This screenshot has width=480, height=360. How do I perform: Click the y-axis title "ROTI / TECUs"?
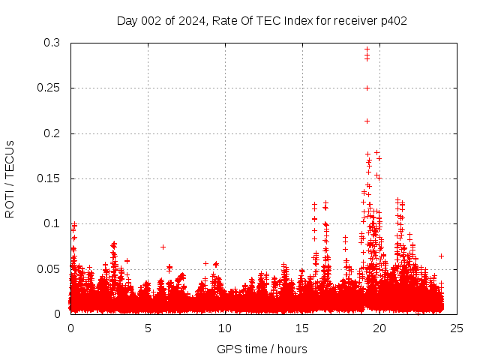10,178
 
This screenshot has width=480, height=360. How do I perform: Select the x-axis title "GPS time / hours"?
262,349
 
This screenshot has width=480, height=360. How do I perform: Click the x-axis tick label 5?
148,328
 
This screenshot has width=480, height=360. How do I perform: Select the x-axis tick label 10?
225,328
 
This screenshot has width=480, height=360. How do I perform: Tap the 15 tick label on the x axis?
302,328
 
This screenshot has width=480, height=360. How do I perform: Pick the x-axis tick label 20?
379,328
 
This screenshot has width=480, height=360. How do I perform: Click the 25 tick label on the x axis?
457,328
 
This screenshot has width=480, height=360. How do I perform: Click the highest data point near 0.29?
367,49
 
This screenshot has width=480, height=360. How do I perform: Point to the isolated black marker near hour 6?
163,247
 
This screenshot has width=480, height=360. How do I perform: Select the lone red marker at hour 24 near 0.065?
441,256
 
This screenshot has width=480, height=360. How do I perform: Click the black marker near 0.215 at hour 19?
367,121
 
